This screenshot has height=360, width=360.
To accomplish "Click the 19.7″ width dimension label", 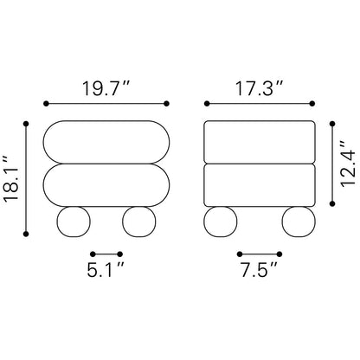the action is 106,88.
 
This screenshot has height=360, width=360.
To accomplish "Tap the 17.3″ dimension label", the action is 259,88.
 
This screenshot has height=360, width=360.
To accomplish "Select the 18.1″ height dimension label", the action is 10,179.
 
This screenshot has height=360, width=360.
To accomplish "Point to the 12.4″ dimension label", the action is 349,164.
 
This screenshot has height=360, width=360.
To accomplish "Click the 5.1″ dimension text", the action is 106,270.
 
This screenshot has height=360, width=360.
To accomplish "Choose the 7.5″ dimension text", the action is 259,270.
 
